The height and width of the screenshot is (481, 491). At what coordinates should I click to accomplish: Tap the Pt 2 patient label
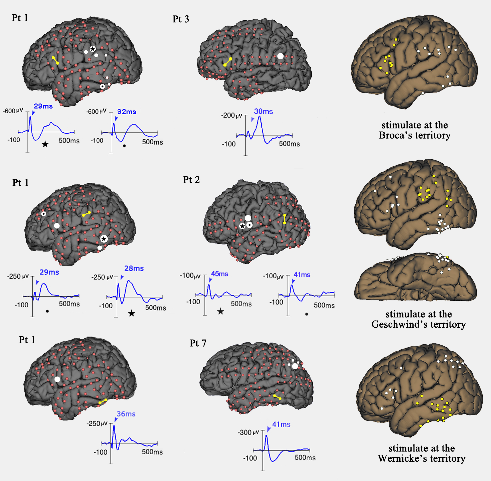pyautogui.click(x=191, y=180)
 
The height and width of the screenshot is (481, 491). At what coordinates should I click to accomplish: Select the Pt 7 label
pyautogui.click(x=198, y=343)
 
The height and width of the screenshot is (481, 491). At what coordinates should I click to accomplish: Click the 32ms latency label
pyautogui.click(x=127, y=112)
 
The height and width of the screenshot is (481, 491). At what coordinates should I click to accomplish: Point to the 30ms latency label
pyautogui.click(x=263, y=111)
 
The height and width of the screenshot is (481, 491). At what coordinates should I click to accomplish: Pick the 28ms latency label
pyautogui.click(x=134, y=268)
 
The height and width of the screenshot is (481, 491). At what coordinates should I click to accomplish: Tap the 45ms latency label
pyautogui.click(x=219, y=274)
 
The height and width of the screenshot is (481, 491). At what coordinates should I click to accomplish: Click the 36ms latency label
pyautogui.click(x=126, y=414)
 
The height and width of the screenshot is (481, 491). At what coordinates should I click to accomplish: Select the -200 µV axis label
pyautogui.click(x=231, y=116)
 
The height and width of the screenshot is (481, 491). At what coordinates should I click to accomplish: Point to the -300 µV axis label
pyautogui.click(x=248, y=432)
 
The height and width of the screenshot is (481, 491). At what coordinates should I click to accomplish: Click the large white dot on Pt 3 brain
pyautogui.click(x=280, y=56)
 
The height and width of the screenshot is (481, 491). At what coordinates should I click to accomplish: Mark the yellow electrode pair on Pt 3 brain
pyautogui.click(x=228, y=62)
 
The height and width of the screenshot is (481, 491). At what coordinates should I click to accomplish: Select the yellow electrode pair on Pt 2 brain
pyautogui.click(x=285, y=219)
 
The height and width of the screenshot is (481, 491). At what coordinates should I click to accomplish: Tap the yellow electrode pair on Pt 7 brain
pyautogui.click(x=277, y=397)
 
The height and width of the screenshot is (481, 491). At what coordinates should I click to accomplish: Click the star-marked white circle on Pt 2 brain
pyautogui.click(x=242, y=226)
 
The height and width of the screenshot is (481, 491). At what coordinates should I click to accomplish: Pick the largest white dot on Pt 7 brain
pyautogui.click(x=295, y=366)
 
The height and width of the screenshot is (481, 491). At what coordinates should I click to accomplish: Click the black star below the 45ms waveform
pyautogui.click(x=221, y=311)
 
